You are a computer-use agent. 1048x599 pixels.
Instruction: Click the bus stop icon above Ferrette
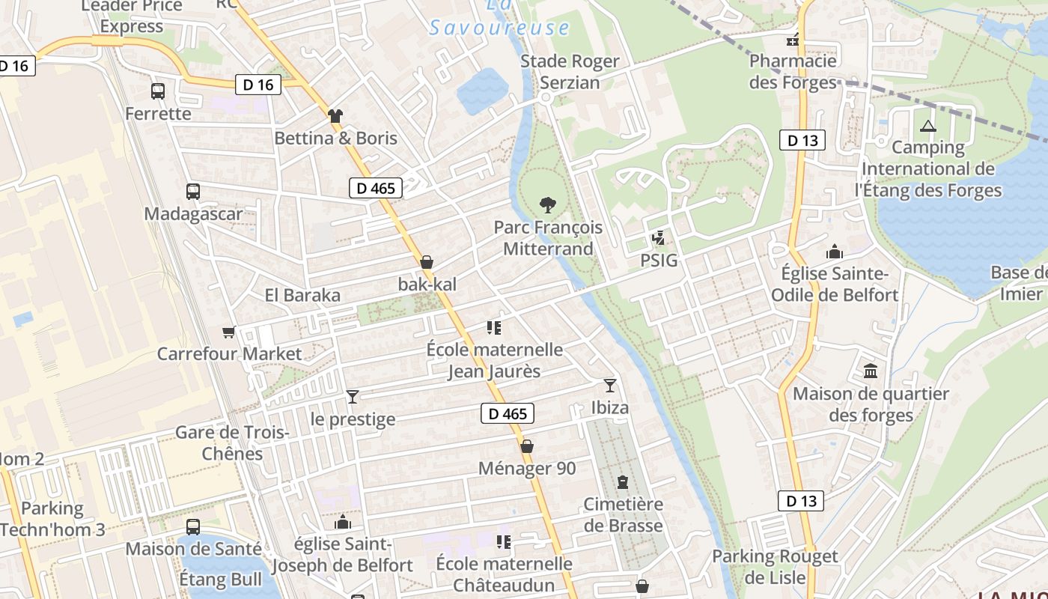[158, 91]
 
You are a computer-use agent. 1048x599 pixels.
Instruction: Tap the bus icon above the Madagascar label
[193, 191]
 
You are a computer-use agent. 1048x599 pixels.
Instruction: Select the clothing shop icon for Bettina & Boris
[335, 115]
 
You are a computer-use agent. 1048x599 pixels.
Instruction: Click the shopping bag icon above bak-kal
[427, 262]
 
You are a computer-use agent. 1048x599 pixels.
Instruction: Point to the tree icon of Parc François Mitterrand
[548, 204]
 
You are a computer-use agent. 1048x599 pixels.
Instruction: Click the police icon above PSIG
[659, 238]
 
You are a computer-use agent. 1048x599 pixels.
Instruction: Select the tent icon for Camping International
[928, 126]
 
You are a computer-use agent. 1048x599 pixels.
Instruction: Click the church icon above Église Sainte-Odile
[834, 252]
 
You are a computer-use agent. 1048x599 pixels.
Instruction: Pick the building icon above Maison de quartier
[871, 371]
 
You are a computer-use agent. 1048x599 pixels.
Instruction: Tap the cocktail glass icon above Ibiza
[610, 385]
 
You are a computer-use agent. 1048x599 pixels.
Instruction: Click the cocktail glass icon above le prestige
[353, 396]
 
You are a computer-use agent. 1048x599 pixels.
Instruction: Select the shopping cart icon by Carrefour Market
[228, 332]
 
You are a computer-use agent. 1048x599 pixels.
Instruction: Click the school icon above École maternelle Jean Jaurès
[493, 327]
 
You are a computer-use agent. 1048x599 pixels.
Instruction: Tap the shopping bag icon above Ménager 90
[527, 446]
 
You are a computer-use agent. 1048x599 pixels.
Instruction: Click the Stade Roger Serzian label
[570, 72]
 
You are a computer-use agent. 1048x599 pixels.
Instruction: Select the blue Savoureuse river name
[499, 28]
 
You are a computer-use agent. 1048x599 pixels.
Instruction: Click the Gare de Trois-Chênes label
[232, 443]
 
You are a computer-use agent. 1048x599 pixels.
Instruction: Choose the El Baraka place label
[302, 295]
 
